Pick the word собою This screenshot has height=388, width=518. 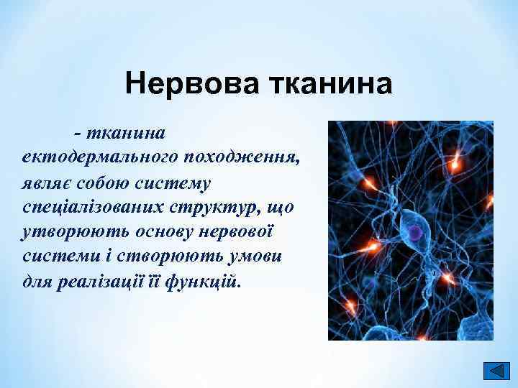point(107,182)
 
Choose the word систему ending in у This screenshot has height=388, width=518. point(176,182)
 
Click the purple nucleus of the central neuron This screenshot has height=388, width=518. point(415,231)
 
